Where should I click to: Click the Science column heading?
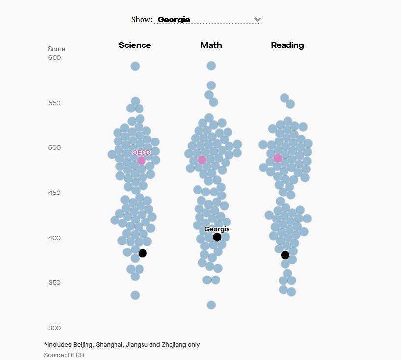click(x=135, y=45)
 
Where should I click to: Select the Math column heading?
click(x=211, y=45)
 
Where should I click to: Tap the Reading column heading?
click(x=287, y=45)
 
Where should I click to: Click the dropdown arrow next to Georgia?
click(x=258, y=20)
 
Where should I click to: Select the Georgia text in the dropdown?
click(x=173, y=20)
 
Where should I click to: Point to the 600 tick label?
click(x=55, y=58)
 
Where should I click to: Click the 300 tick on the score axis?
click(x=55, y=328)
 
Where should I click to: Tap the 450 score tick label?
click(x=55, y=193)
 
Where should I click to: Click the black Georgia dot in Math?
click(x=217, y=237)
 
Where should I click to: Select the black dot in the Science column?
click(x=143, y=253)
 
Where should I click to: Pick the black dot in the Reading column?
click(x=285, y=255)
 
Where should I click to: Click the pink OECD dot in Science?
click(x=142, y=161)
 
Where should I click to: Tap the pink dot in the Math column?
click(x=202, y=160)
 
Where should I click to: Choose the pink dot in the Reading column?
click(x=278, y=158)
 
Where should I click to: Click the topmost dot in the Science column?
click(x=135, y=66)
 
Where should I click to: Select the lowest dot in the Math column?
click(x=211, y=305)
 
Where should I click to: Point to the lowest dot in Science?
click(x=135, y=295)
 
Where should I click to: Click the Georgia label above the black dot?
click(x=217, y=229)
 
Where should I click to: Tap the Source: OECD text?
click(x=64, y=355)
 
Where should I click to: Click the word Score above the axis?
click(x=57, y=49)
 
